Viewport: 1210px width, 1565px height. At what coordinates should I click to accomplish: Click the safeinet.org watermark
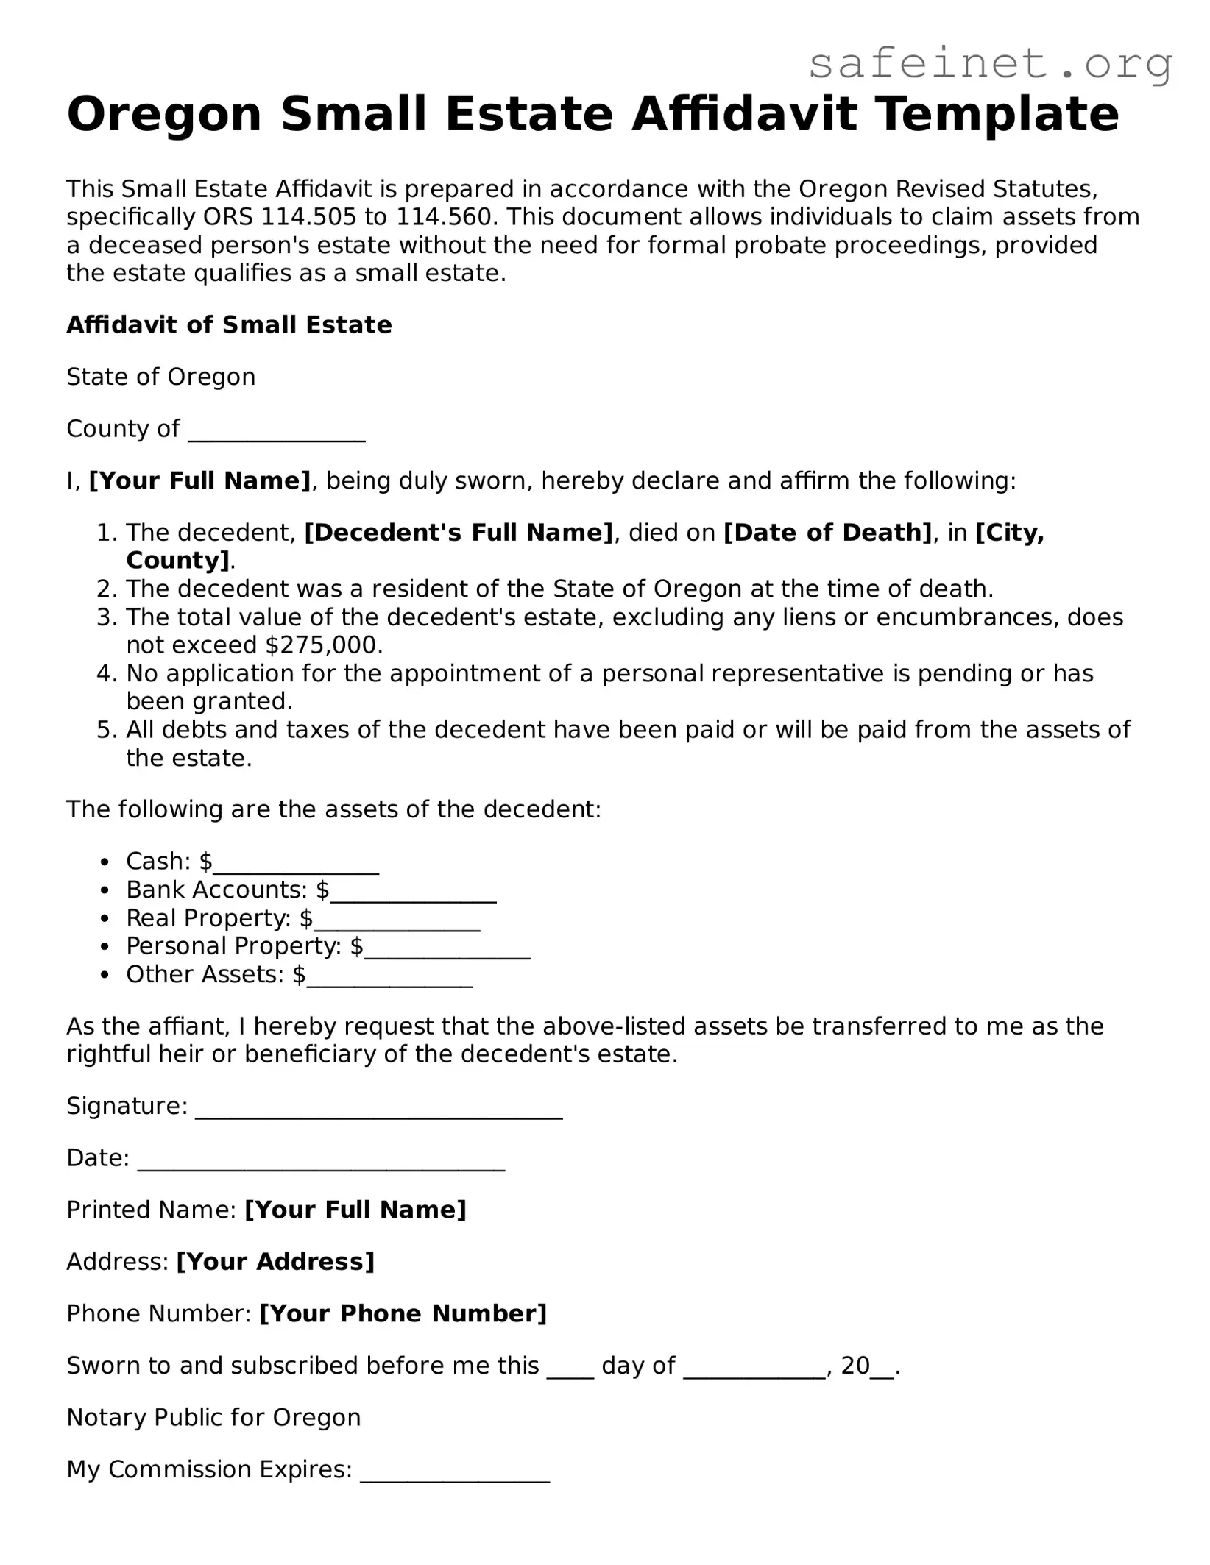pos(990,65)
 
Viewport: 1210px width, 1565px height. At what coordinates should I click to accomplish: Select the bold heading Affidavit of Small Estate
pos(229,325)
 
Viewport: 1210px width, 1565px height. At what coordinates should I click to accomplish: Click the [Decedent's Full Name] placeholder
pos(459,533)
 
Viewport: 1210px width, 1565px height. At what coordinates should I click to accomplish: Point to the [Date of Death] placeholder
pos(828,533)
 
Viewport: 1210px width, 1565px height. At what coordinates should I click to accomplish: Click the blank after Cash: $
pos(296,863)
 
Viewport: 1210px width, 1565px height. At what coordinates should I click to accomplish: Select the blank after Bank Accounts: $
pos(414,892)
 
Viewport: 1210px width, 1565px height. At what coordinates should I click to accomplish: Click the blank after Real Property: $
pos(397,920)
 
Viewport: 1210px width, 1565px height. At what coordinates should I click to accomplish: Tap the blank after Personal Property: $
pos(447,948)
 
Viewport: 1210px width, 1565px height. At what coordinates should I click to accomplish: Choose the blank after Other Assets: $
pos(389,976)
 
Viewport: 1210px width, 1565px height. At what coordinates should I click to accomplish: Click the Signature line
pos(379,1108)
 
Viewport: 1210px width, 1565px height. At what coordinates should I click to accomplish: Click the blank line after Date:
pos(321,1160)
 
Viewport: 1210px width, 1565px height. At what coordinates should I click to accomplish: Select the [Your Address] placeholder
pos(276,1263)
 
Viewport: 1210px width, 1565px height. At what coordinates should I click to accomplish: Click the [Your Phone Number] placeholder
pos(403,1314)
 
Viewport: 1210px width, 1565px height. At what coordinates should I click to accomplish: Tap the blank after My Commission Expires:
pos(455,1471)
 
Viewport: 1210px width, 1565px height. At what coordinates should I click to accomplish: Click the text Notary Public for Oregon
pos(213,1418)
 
